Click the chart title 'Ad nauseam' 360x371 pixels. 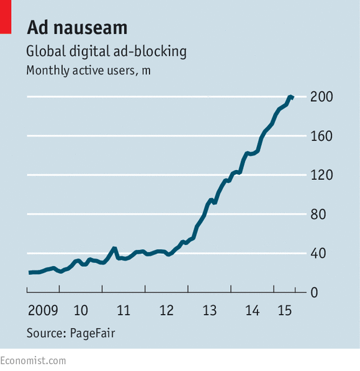click(77, 27)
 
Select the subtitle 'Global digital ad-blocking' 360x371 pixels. click(106, 51)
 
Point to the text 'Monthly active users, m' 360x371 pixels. click(88, 71)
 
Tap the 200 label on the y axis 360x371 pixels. click(322, 97)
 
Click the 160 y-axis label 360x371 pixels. click(322, 136)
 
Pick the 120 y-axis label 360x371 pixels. click(322, 175)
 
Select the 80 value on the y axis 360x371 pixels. click(318, 215)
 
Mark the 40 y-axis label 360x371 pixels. click(318, 253)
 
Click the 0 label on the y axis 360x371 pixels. click(314, 293)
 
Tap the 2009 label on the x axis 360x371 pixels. click(43, 310)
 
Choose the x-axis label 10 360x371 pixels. click(81, 310)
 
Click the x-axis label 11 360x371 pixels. click(124, 310)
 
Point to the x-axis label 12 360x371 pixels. click(166, 310)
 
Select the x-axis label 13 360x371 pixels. click(209, 310)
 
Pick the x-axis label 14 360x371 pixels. click(252, 310)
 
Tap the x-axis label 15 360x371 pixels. click(285, 310)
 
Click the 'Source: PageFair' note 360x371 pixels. click(71, 333)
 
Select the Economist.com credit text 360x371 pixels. click(33, 361)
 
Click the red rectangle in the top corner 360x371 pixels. click(6, 17)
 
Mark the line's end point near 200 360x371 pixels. click(293, 97)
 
